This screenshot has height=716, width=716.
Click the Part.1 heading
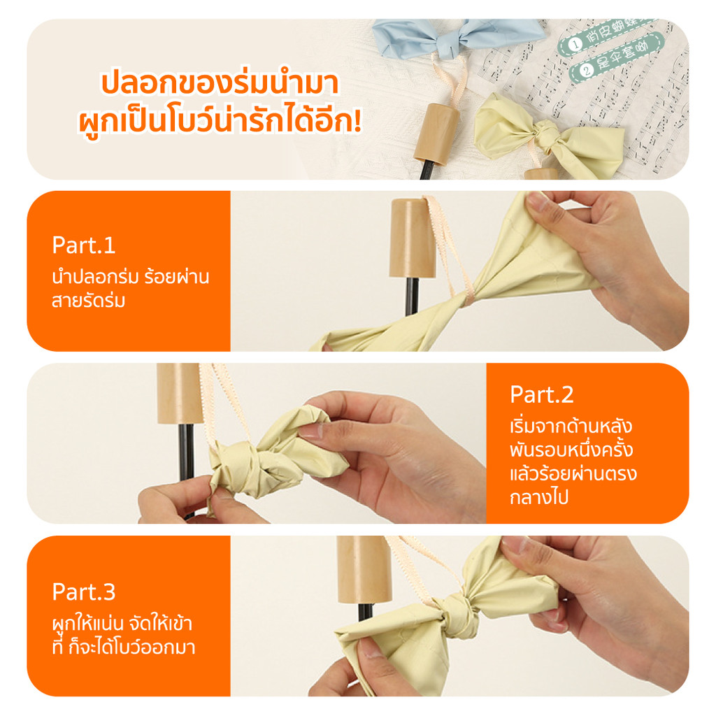point(83,245)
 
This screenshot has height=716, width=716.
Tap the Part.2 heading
point(542,394)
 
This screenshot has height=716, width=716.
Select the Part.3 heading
point(83,592)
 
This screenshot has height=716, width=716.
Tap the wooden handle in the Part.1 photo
point(412,238)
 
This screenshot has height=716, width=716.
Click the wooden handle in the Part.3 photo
point(364,570)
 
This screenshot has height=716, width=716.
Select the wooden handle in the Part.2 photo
point(179,394)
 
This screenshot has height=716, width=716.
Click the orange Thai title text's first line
point(220,83)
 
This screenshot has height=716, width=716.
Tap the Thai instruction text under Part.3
point(123,634)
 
